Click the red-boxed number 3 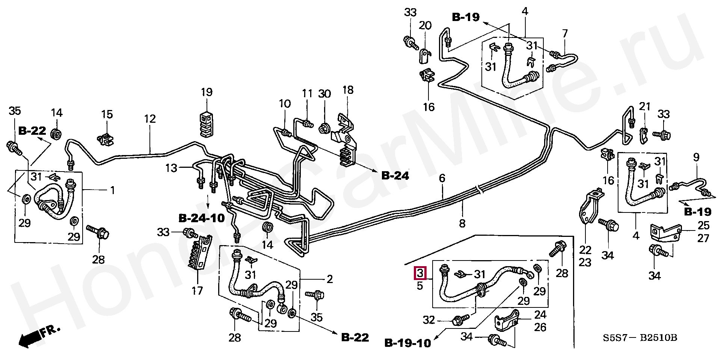(420, 273)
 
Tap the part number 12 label (149, 119)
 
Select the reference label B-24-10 (201, 218)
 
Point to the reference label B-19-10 (407, 343)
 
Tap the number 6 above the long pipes (442, 178)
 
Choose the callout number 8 (462, 223)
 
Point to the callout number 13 (171, 168)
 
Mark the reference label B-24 (395, 175)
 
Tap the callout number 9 (696, 158)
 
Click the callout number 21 (644, 107)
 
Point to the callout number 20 (425, 26)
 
